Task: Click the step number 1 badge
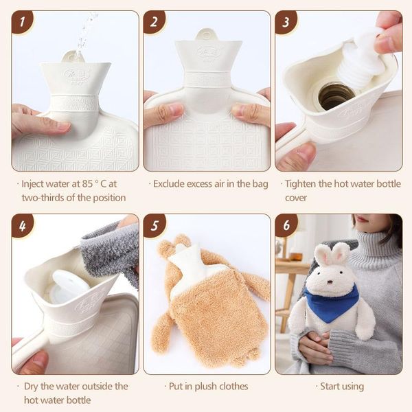(22, 21)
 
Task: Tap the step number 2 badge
(154, 21)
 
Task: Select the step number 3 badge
(286, 21)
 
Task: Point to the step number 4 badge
(22, 225)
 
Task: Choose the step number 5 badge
(154, 225)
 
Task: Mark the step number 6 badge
(286, 225)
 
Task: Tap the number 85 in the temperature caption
(87, 184)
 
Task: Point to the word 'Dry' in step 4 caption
(31, 387)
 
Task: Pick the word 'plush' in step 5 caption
(205, 387)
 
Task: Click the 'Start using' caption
(342, 387)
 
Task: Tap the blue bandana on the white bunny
(332, 304)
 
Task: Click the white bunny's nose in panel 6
(329, 283)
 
